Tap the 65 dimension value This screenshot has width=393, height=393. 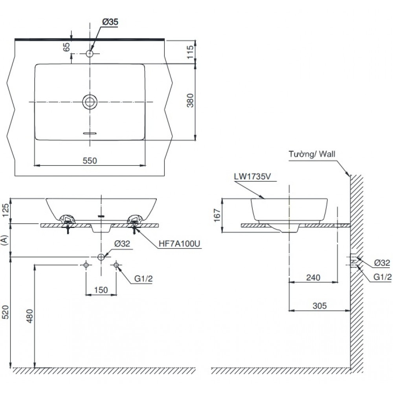point(66,47)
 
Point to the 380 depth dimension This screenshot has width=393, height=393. point(189,102)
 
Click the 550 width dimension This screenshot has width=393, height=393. point(90,160)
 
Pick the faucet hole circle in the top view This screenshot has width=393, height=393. point(90,53)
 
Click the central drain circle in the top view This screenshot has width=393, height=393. point(90,102)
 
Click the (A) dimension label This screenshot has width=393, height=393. point(5,240)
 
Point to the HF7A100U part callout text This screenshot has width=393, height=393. point(180,244)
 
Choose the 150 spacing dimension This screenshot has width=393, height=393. point(101,290)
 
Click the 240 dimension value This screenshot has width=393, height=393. point(313,277)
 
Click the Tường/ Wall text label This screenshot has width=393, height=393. point(312,154)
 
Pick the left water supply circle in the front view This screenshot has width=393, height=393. point(86,265)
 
